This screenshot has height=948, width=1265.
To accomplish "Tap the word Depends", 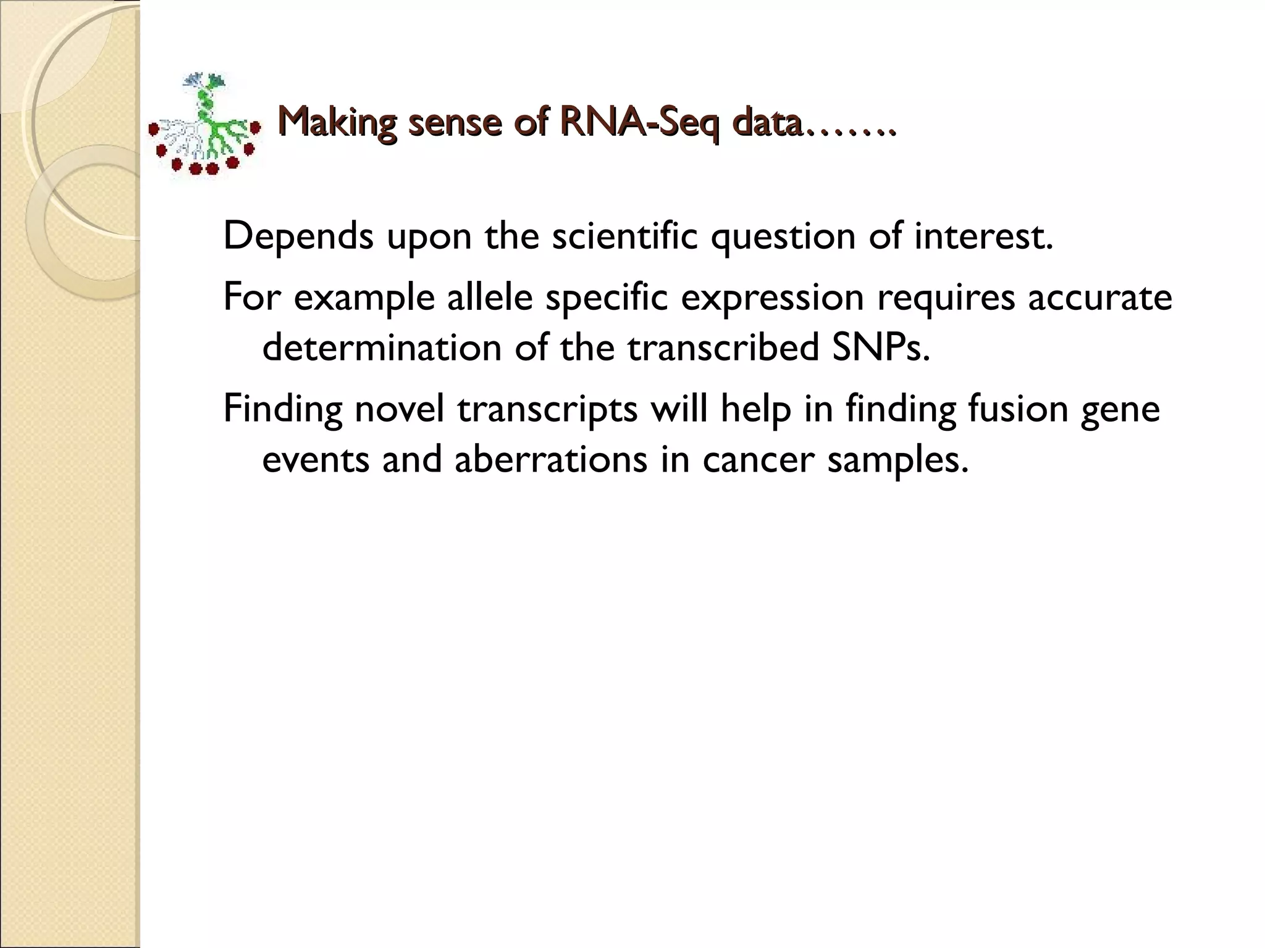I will point(298,236).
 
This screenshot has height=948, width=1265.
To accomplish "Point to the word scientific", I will point(624,236).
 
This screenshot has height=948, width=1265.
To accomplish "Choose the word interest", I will point(983,236).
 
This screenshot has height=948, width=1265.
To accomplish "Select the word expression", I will point(772,298).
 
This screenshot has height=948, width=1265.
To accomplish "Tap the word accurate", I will point(1099,297).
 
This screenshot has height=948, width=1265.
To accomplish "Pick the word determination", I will point(382,347).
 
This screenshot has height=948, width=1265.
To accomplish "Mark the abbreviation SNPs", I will point(880,347).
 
